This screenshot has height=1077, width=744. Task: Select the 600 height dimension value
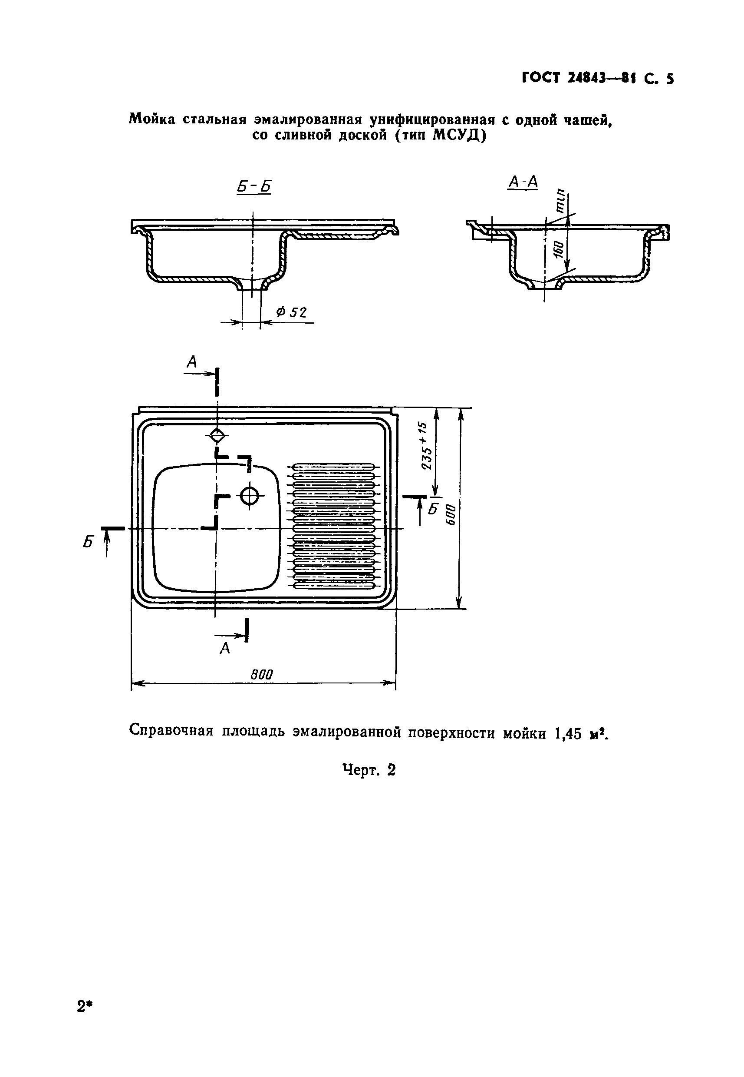click(x=450, y=514)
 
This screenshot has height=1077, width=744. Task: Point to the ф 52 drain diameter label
click(x=291, y=312)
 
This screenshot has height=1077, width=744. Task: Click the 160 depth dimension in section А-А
click(x=559, y=252)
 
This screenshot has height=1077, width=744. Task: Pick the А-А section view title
click(x=523, y=182)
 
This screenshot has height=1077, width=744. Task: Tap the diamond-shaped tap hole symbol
click(x=217, y=436)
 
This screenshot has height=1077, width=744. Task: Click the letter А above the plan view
click(x=192, y=361)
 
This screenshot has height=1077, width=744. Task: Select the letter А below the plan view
click(x=225, y=648)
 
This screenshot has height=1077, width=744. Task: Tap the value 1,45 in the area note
click(x=567, y=734)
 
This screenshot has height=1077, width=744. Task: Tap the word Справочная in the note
click(x=171, y=731)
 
